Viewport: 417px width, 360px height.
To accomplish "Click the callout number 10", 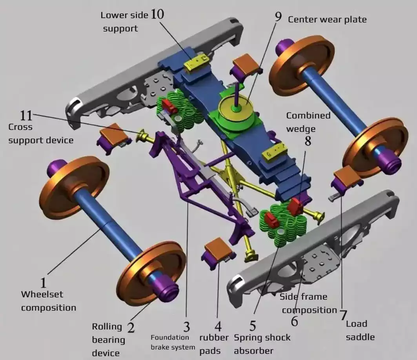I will pos(157,15).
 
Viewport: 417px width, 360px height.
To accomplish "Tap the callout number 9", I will pos(278,17).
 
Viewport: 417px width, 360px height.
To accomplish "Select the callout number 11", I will pos(26,116).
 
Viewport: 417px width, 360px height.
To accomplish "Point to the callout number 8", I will pos(308,141).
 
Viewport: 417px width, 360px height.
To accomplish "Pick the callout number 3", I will pos(186,327).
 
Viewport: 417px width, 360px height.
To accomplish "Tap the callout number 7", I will pos(343,315).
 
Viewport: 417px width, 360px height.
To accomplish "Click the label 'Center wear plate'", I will pos(327,19).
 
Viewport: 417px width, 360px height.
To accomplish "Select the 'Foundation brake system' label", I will pos(173,342).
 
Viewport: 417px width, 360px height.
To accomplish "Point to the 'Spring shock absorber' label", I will pos(262,344).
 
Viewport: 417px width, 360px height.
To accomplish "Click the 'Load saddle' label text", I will pos(360,330).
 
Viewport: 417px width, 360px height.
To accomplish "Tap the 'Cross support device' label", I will pos(41,133).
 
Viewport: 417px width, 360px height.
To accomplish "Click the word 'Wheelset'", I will pos(42,294).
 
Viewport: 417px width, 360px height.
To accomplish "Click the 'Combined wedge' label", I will pos(308,122).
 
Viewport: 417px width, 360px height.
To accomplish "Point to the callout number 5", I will pos(253,325).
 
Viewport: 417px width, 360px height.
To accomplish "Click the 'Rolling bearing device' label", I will pos(108,340).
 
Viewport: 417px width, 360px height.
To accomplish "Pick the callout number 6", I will pos(294,321).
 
